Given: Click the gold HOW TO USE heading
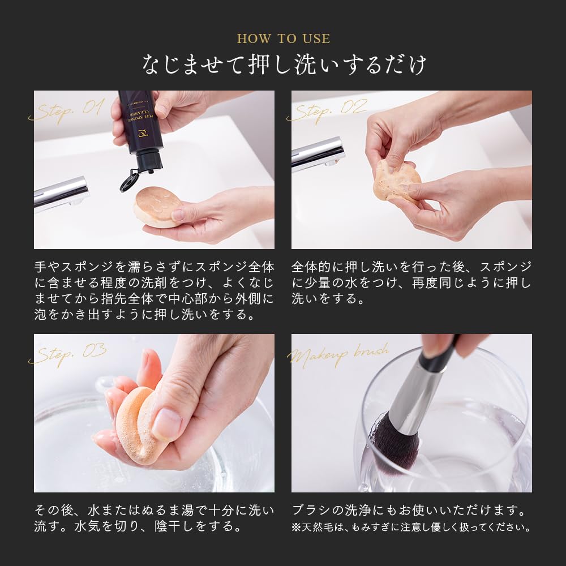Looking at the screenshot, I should tap(283, 39).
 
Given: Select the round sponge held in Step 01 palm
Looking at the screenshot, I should tap(157, 207).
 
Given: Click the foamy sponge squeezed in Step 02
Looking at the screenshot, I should tap(396, 181).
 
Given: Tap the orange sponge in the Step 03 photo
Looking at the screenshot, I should tap(136, 424).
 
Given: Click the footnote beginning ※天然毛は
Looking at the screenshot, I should tap(411, 528).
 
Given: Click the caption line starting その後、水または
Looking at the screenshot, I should tap(154, 511).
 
